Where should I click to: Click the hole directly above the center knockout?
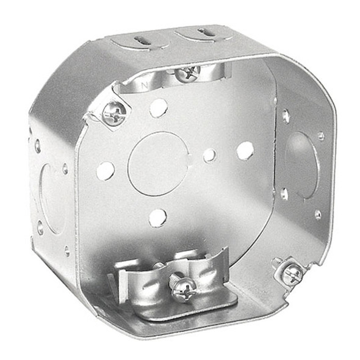(x=159, y=108)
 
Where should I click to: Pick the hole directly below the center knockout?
(x=157, y=217)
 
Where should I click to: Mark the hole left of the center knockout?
(x=105, y=171)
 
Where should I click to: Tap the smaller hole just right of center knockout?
(x=209, y=155)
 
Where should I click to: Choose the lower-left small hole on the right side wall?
(x=284, y=194)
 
